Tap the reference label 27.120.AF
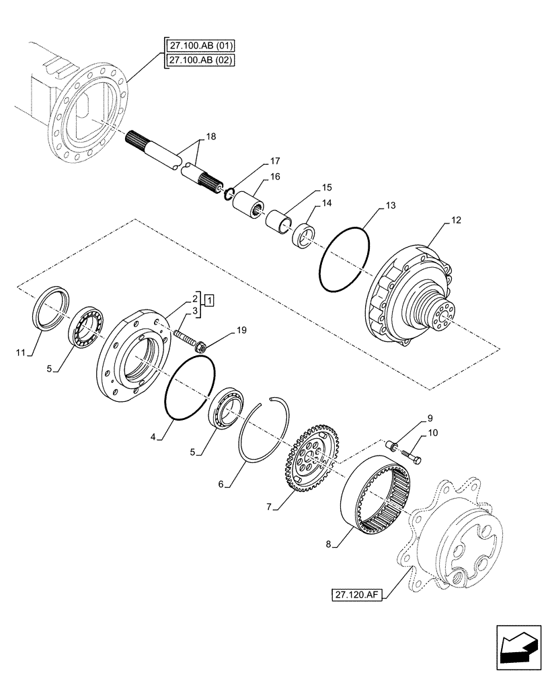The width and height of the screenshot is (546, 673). coord(356,594)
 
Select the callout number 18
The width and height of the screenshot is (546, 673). coord(210,137)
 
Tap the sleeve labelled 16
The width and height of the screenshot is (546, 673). coord(247,202)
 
